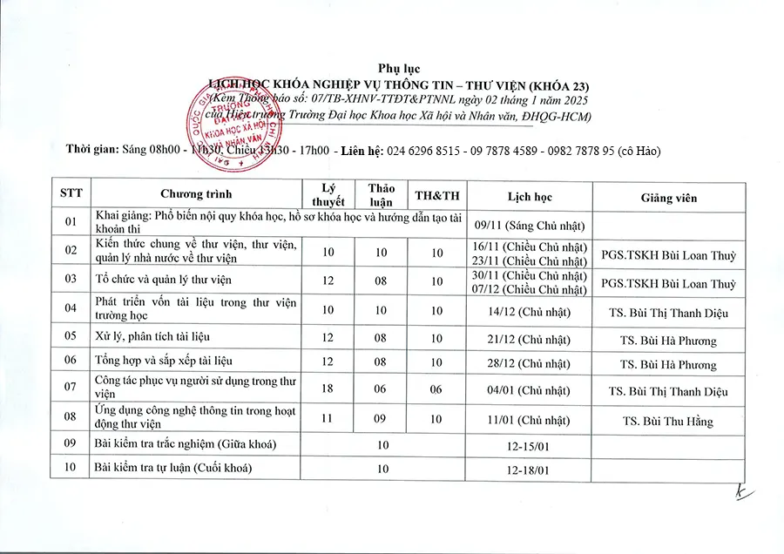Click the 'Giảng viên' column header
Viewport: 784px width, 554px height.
pos(668,197)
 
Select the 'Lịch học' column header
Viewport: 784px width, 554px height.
pos(530,197)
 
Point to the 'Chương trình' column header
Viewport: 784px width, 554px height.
pos(196,194)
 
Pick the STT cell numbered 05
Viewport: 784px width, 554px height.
pos(71,336)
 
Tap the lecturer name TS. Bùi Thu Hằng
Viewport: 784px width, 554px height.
pos(668,422)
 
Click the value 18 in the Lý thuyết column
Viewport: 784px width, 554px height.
pos(328,388)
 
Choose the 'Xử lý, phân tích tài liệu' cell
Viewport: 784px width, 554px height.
pos(152,336)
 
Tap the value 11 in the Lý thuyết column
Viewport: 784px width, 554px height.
pos(328,418)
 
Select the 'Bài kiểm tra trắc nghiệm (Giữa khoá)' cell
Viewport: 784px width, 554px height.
pos(185,445)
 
